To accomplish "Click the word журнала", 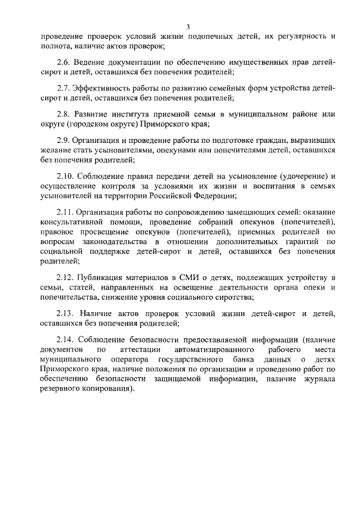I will tap(318, 379).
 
